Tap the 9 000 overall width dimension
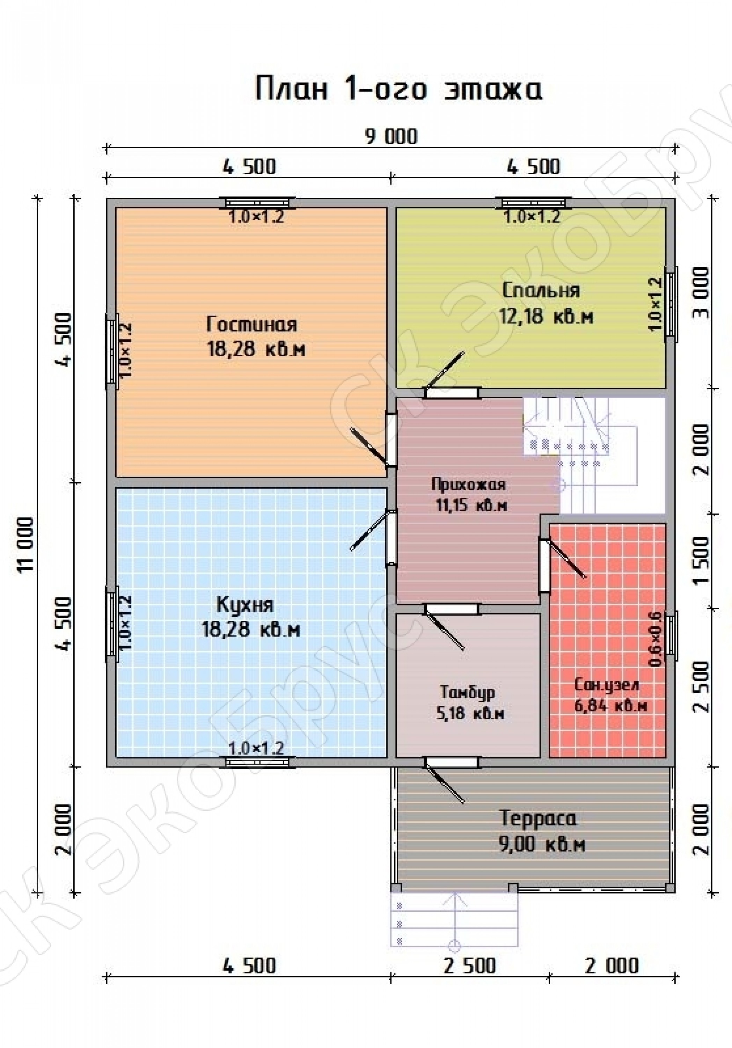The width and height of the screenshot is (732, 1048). (391, 137)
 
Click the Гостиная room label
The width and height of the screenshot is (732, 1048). (251, 325)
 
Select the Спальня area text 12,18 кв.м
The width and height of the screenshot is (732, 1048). (546, 316)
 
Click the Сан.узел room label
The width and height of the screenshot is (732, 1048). (607, 685)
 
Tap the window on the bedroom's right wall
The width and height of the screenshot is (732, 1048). (671, 301)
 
